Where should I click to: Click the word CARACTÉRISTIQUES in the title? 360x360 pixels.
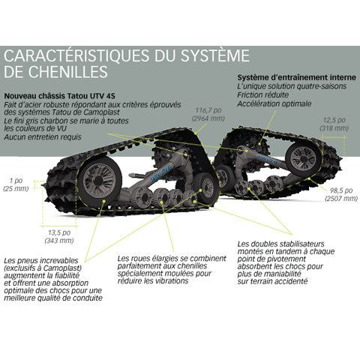[76, 55]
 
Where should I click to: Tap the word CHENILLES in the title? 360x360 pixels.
[68, 72]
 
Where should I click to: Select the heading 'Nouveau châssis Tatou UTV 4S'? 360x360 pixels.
[60, 96]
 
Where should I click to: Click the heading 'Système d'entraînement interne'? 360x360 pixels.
[296, 77]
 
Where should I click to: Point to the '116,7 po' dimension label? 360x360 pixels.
[208, 110]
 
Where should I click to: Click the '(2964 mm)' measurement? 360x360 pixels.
[208, 118]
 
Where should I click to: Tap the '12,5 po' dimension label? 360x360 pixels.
[334, 120]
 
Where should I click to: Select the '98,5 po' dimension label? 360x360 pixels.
[341, 190]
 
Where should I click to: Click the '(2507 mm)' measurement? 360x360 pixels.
[341, 199]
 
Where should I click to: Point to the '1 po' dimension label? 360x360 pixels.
[16, 181]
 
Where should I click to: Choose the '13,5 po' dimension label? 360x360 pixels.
[59, 232]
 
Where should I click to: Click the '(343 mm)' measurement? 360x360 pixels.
[59, 241]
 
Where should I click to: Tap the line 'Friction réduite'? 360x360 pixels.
[262, 95]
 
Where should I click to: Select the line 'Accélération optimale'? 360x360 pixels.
[274, 103]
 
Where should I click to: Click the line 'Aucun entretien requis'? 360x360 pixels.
[43, 137]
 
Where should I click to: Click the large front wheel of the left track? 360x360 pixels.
[100, 181]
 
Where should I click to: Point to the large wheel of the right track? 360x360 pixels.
[303, 159]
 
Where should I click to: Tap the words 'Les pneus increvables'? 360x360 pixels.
[41, 260]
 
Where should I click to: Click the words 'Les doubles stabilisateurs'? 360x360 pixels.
[280, 244]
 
